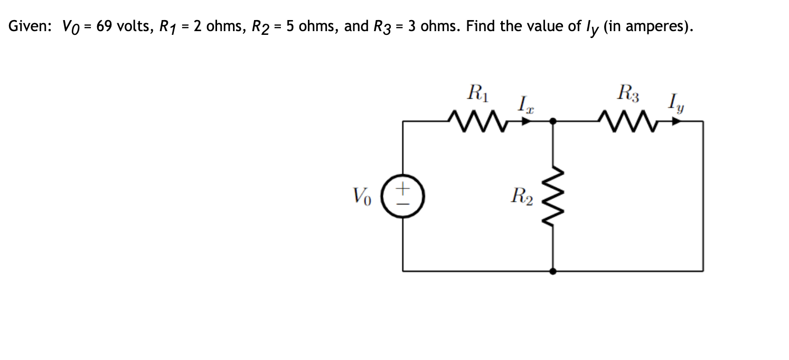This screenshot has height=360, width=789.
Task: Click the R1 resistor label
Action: tap(478, 95)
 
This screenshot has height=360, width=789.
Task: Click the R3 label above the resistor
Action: tap(628, 95)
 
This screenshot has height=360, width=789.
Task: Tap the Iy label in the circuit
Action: tap(677, 102)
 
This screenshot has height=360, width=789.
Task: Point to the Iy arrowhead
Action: tap(676, 121)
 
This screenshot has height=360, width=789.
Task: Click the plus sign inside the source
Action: tap(403, 187)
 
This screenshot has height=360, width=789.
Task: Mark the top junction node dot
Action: tap(552, 121)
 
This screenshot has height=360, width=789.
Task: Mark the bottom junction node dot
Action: tap(552, 271)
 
